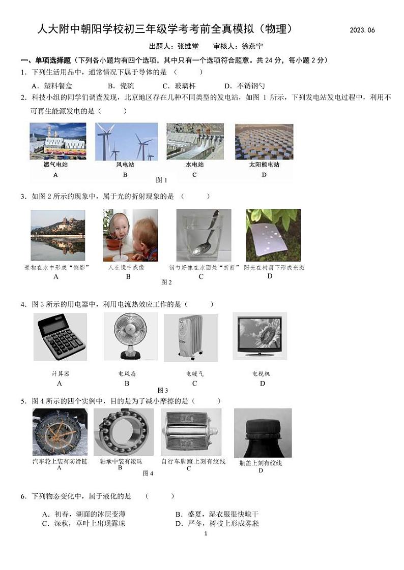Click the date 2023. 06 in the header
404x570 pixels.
pyautogui.click(x=362, y=30)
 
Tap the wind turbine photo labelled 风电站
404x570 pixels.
pyautogui.click(x=126, y=141)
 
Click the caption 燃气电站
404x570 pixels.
pyautogui.click(x=55, y=165)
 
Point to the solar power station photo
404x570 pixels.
pyautogui.click(x=264, y=141)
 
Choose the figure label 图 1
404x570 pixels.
pyautogui.click(x=161, y=180)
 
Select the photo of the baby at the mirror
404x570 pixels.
pyautogui.click(x=130, y=235)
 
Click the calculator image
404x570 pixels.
pyautogui.click(x=60, y=337)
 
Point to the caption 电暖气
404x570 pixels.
pyautogui.click(x=194, y=374)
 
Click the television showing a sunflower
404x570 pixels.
pyautogui.click(x=260, y=336)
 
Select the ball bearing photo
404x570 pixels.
pyautogui.click(x=123, y=432)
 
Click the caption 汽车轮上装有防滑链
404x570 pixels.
pyautogui.click(x=60, y=461)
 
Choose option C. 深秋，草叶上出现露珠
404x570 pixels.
pyautogui.click(x=83, y=523)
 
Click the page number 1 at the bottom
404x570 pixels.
pyautogui.click(x=206, y=533)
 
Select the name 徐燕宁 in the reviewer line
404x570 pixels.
pyautogui.click(x=253, y=46)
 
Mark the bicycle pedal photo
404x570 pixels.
pyautogui.click(x=191, y=432)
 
